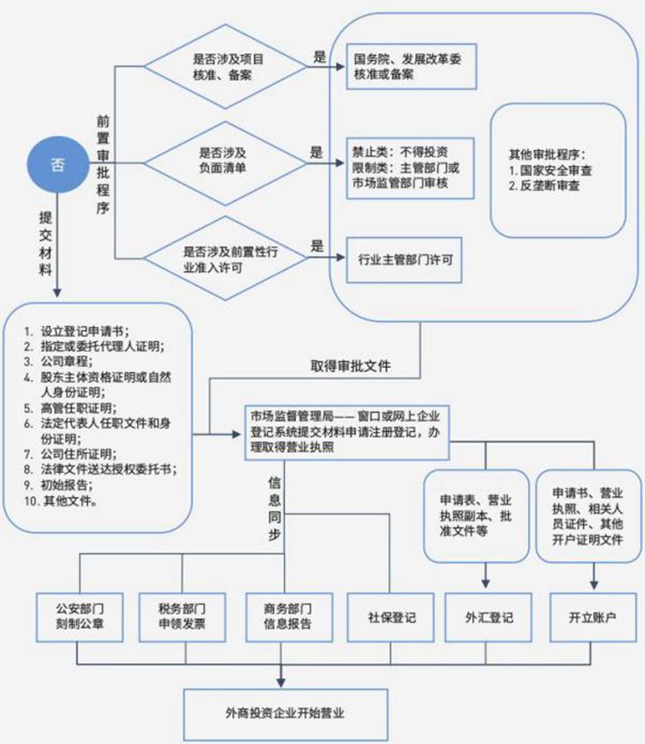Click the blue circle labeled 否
pyautogui.click(x=57, y=164)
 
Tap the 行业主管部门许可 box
pyautogui.click(x=404, y=260)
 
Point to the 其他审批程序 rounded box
pyautogui.click(x=558, y=170)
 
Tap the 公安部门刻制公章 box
pyautogui.click(x=78, y=616)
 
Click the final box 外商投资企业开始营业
pyautogui.click(x=281, y=713)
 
